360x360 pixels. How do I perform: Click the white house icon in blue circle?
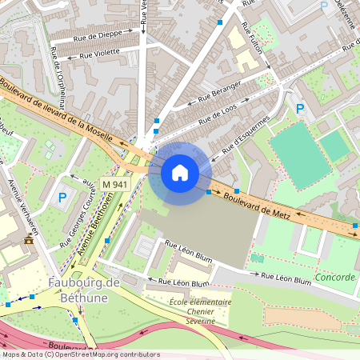pyautogui.click(x=180, y=172)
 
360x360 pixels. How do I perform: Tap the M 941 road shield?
pyautogui.click(x=115, y=184)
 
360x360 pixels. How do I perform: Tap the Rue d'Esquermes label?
pyautogui.click(x=245, y=134)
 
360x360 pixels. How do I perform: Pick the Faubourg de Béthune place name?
pyautogui.click(x=83, y=290)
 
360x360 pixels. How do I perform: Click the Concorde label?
pyautogui.click(x=334, y=277)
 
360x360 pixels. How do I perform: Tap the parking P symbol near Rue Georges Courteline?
pyautogui.click(x=62, y=197)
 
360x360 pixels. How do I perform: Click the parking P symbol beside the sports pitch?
pyautogui.click(x=300, y=108)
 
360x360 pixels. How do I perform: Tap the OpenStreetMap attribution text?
pyautogui.click(x=80, y=354)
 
